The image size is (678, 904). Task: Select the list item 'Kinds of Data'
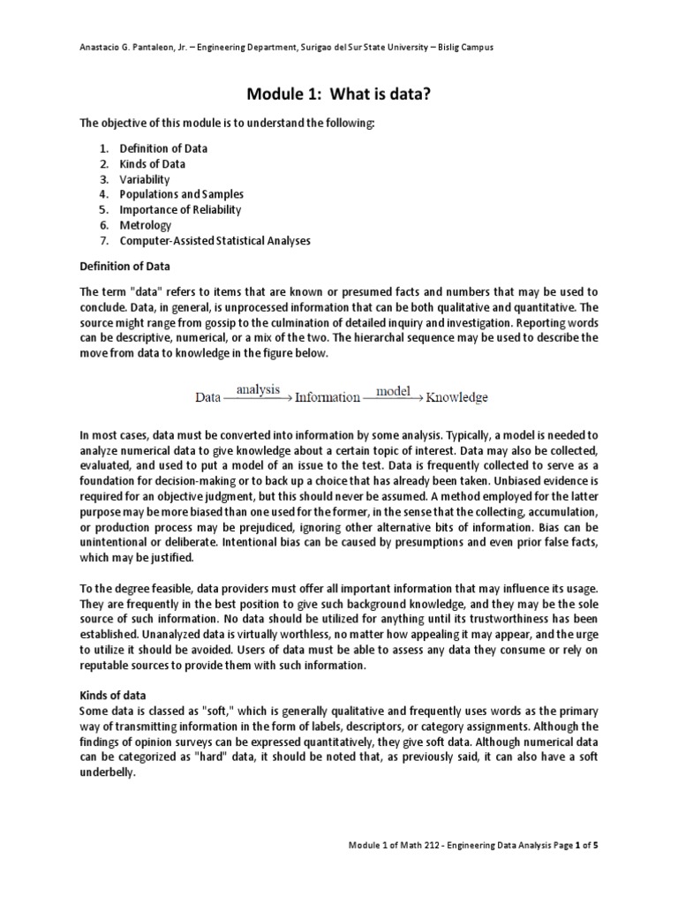click(x=153, y=164)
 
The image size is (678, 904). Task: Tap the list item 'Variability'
click(x=145, y=179)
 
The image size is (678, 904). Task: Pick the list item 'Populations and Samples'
click(x=182, y=194)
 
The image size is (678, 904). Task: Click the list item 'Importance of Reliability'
click(x=180, y=210)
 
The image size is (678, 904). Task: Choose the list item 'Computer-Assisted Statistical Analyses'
click(x=215, y=240)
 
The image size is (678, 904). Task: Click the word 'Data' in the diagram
click(x=207, y=397)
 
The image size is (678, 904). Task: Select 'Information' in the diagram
click(x=327, y=397)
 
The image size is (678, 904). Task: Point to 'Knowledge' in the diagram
click(x=456, y=397)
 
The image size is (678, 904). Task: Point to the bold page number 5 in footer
click(x=595, y=846)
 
